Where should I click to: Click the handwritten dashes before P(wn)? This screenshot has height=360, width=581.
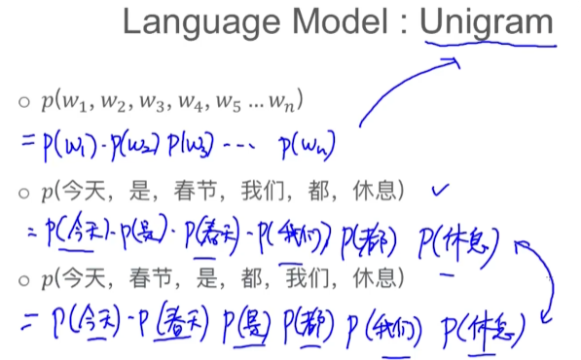(238, 147)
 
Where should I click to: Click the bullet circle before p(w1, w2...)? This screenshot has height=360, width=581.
(24, 100)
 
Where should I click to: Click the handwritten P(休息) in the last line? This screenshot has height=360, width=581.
(487, 326)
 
